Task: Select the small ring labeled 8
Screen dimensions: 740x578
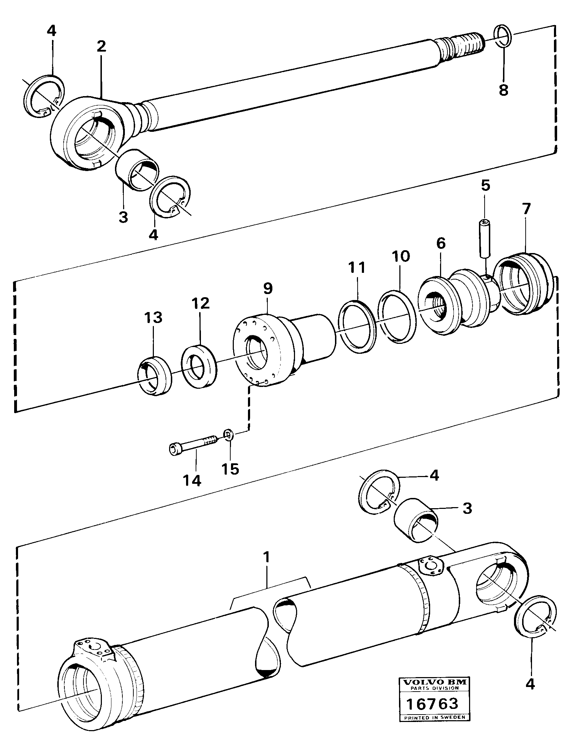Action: coord(503,36)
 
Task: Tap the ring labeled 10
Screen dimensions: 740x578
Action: coord(396,316)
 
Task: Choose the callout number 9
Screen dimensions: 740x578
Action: coord(268,288)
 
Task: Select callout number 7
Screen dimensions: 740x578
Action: coord(526,209)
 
